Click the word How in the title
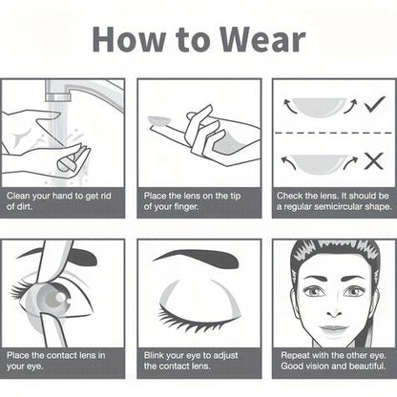tap(129, 39)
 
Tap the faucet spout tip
tap(57, 97)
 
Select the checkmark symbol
tap(375, 104)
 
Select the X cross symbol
tap(374, 161)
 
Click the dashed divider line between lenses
tap(333, 133)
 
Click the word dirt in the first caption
tap(24, 206)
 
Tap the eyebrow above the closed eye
tap(197, 258)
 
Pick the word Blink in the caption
tap(154, 355)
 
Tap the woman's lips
tap(333, 329)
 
